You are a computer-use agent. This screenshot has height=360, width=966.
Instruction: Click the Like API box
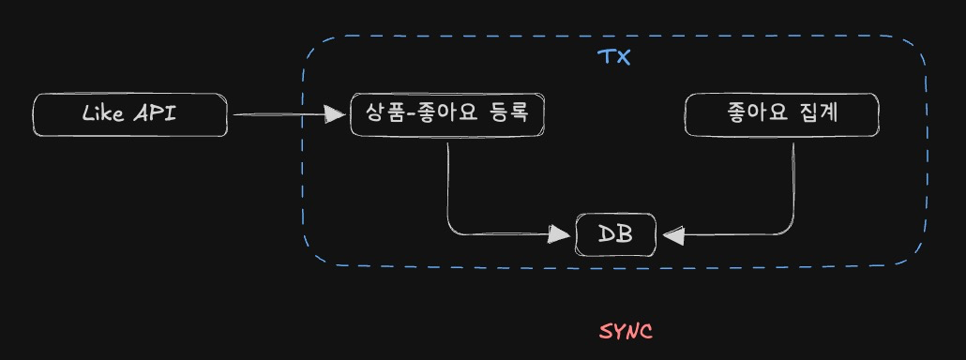click(x=129, y=115)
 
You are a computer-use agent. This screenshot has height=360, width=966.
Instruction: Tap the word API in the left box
click(x=154, y=114)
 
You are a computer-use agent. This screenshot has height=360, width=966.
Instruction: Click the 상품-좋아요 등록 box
click(x=446, y=114)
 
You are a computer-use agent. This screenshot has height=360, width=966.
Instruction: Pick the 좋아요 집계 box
click(x=782, y=114)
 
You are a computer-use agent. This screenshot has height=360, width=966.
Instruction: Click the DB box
click(x=616, y=234)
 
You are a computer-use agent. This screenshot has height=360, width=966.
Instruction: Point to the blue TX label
click(x=614, y=56)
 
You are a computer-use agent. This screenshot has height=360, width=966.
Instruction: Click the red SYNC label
click(x=626, y=331)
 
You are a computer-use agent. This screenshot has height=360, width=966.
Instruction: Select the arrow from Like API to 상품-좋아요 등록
click(x=281, y=114)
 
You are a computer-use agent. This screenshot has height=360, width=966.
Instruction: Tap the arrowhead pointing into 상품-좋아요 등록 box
click(x=335, y=114)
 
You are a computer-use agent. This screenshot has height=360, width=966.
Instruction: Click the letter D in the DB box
click(x=607, y=234)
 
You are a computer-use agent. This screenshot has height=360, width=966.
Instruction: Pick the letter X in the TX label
click(x=623, y=56)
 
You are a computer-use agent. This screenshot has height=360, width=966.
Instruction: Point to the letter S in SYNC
click(x=606, y=331)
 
